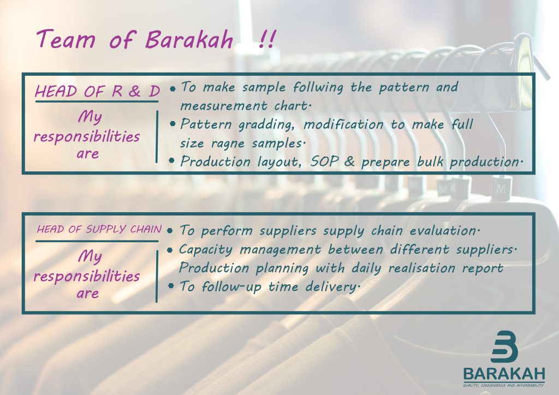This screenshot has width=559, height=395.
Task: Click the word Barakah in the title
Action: (x=189, y=40)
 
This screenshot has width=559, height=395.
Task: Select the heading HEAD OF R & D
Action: (x=97, y=91)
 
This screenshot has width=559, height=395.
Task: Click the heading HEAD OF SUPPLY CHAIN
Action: (x=99, y=230)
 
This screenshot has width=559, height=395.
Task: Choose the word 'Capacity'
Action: (x=205, y=249)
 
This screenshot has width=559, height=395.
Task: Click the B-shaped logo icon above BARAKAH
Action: (x=504, y=347)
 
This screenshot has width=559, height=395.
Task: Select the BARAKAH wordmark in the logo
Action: (x=504, y=374)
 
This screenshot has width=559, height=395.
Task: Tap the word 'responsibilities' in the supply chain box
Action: (x=86, y=276)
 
